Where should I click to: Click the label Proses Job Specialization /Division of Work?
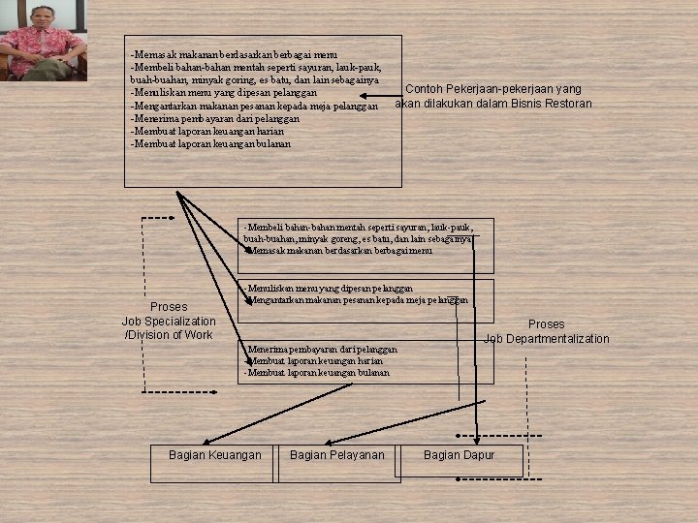click(169, 321)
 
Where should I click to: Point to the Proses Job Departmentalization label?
click(546, 331)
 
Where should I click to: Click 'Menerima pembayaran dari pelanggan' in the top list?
click(215, 118)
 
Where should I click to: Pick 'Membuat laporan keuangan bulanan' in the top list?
click(210, 143)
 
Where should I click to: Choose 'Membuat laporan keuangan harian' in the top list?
click(207, 131)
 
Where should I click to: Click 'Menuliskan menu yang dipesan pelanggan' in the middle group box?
click(330, 289)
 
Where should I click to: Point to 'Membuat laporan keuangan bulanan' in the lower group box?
click(318, 372)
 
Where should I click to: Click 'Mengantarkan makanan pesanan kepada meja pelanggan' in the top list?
click(254, 106)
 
